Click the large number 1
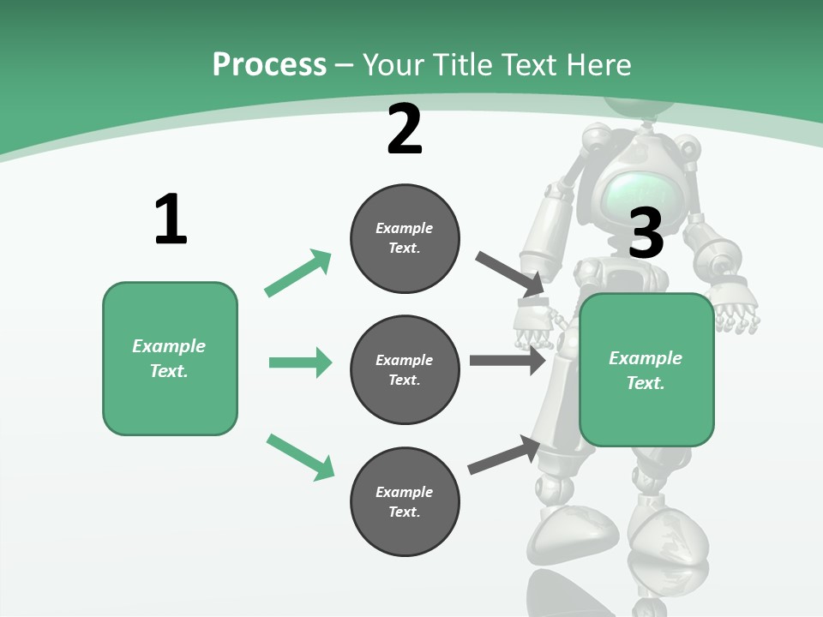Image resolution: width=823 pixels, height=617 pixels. [171, 220]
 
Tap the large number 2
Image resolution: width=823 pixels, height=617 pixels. [405, 130]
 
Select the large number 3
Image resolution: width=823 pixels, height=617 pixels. [646, 233]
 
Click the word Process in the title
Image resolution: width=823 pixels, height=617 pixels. [269, 64]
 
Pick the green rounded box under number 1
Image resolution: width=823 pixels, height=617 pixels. [170, 358]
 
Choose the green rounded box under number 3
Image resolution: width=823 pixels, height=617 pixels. [646, 369]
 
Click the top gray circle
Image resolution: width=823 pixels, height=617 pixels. [405, 238]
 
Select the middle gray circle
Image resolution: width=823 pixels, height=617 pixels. [405, 369]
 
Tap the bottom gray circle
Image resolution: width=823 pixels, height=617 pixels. [405, 501]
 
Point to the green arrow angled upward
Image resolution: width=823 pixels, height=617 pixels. [298, 273]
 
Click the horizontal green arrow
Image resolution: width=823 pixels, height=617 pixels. [300, 362]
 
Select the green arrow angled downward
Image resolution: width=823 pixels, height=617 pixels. [300, 457]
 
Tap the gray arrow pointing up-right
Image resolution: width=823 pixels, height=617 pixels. [504, 455]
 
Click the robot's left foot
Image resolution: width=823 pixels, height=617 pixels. [573, 531]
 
